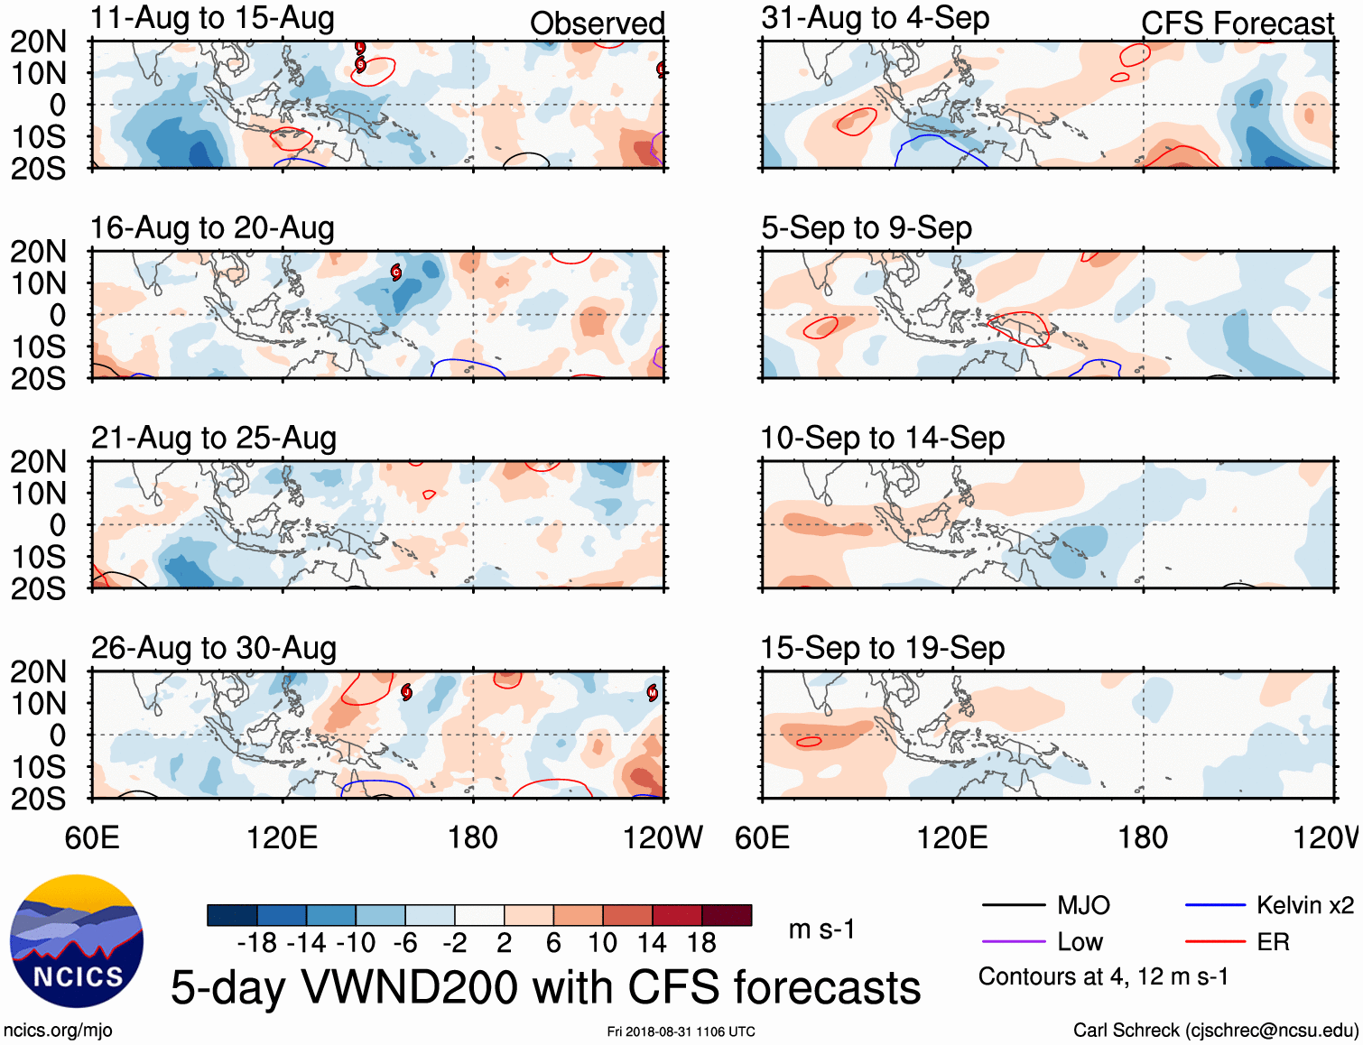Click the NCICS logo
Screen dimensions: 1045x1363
[x=77, y=941]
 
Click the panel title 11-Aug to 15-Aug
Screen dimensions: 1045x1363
[x=212, y=18]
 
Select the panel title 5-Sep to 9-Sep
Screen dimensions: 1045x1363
[x=867, y=227]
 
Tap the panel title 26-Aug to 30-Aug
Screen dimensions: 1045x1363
[x=214, y=648]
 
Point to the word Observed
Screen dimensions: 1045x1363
[x=597, y=23]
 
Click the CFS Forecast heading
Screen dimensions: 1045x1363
[x=1237, y=23]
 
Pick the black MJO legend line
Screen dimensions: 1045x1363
[x=1013, y=905]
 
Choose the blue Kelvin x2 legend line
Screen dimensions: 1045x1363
[x=1215, y=905]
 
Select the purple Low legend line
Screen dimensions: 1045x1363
[x=1013, y=942]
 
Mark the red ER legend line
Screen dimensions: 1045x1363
[x=1215, y=942]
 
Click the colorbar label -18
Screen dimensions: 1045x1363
[x=257, y=943]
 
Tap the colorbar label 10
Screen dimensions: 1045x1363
[x=602, y=943]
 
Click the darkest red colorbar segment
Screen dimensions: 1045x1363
[x=727, y=915]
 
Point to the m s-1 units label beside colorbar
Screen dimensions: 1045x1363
[x=821, y=929]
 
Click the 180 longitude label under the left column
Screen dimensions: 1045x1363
[x=473, y=837]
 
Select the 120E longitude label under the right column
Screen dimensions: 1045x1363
[x=952, y=837]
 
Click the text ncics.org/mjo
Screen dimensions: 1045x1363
[x=58, y=1031]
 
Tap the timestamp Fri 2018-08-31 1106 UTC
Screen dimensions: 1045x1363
[x=681, y=1031]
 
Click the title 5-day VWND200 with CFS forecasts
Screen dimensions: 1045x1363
[x=545, y=987]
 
